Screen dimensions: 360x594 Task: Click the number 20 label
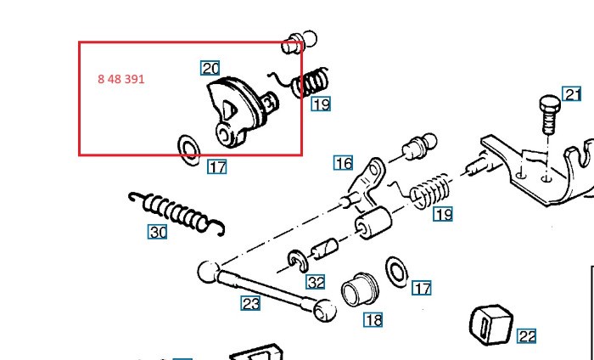(x=210, y=68)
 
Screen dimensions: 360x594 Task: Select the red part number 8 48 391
(x=121, y=79)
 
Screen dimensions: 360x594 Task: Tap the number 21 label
(x=573, y=94)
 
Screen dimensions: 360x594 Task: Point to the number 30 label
(x=158, y=231)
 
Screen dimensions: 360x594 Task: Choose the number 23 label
(x=249, y=302)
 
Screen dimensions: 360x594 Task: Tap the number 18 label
(x=373, y=320)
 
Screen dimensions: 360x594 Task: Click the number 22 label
(x=527, y=336)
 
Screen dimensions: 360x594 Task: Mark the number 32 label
(x=316, y=282)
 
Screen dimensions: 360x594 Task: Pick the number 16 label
(x=343, y=163)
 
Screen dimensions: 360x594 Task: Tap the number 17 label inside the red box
(x=217, y=166)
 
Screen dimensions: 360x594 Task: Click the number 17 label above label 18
(x=422, y=288)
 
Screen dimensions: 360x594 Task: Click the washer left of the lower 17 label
(x=395, y=271)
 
